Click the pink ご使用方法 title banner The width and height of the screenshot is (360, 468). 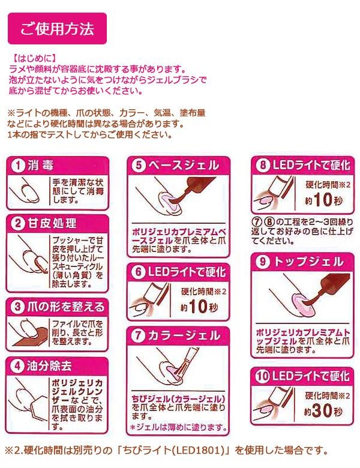coord(57,29)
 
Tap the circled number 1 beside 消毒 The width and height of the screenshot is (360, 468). coord(18,166)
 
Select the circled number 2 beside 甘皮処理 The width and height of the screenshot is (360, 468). coord(18,224)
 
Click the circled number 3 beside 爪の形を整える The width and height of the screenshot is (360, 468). coord(18,307)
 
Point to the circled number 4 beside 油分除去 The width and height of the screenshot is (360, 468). coord(18,366)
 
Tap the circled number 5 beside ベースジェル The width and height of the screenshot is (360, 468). coord(139,166)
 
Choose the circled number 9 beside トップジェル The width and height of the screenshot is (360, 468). coord(263,262)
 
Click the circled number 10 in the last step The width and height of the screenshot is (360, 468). coord(262,376)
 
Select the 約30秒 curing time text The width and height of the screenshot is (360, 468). coord(323,410)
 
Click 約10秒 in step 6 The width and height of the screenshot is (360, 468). coord(199,307)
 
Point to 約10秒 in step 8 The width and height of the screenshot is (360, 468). coord(323,200)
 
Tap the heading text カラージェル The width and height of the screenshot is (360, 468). coord(184,336)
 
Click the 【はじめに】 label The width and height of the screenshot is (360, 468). coord(33,58)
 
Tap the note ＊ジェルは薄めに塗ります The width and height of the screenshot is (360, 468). coord(179,428)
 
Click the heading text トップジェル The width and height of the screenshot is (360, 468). coord(308,262)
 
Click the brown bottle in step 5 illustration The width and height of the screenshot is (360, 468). coord(197,187)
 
